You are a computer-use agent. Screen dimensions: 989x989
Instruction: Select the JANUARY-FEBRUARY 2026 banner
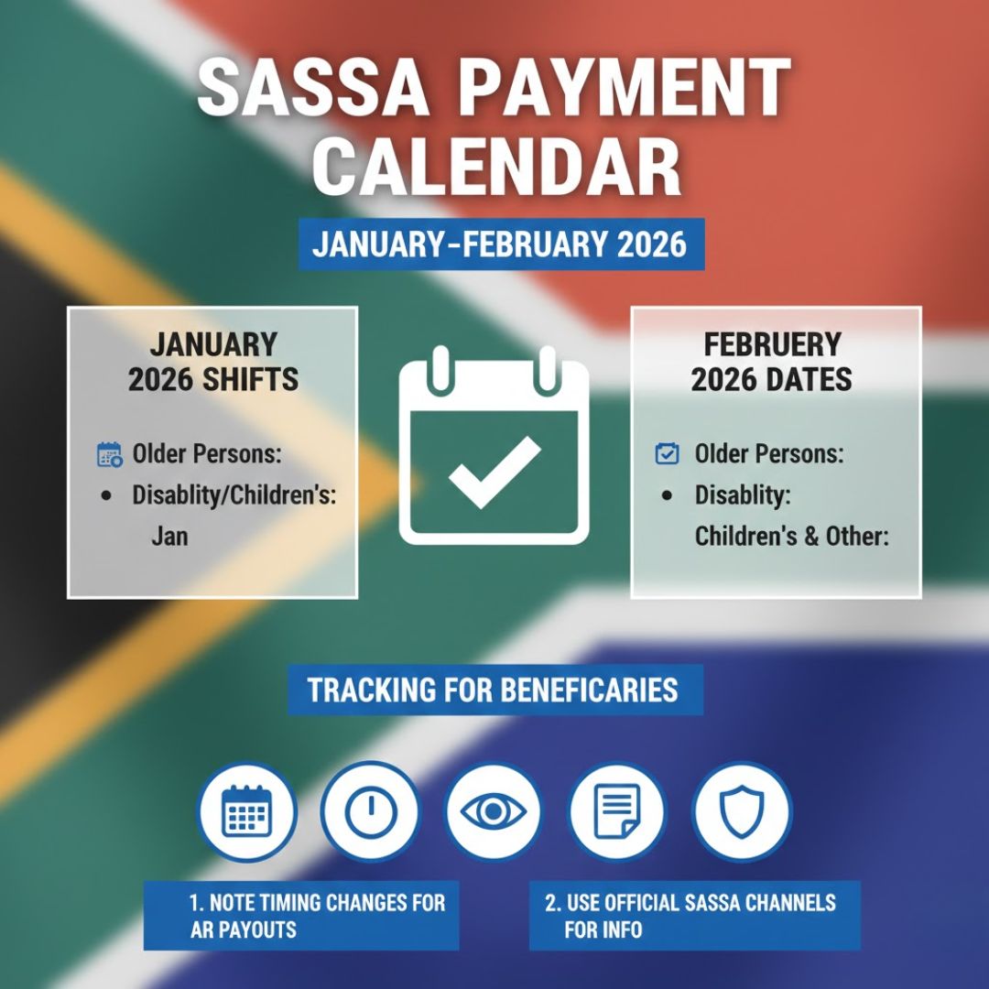click(500, 245)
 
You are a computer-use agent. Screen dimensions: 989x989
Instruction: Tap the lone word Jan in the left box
click(169, 537)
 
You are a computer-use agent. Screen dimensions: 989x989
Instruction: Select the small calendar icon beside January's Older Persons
click(109, 453)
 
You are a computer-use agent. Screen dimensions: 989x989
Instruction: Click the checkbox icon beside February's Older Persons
click(668, 453)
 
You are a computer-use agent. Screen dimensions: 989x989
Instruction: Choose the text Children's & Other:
click(791, 537)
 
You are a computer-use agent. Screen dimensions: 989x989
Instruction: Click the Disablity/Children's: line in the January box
click(234, 495)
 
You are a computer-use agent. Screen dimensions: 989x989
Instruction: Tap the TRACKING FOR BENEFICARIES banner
click(494, 690)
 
